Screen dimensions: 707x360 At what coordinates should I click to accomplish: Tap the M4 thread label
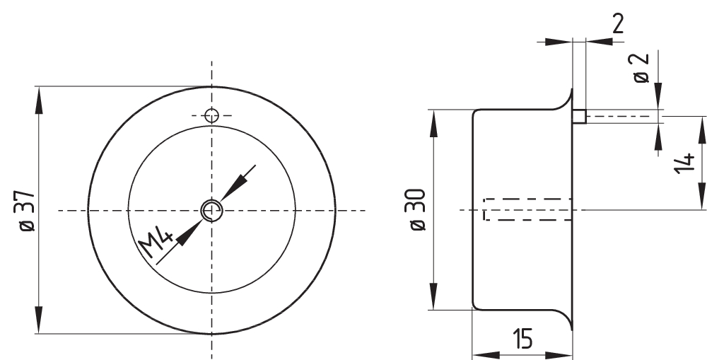coord(156,243)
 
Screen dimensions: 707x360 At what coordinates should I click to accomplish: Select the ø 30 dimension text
coord(418,210)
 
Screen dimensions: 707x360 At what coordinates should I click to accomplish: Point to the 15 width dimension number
coord(522,338)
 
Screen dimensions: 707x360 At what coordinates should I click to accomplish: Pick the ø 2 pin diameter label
coord(641,68)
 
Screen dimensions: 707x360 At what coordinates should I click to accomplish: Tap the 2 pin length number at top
coord(618,24)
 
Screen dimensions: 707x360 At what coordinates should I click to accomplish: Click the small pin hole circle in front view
coord(211,116)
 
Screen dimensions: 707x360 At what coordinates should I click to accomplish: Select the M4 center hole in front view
coord(211,210)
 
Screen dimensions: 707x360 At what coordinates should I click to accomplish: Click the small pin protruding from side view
coord(580,117)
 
